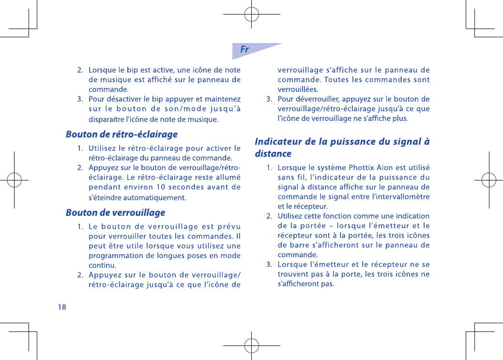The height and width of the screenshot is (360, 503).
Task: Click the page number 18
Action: click(61, 307)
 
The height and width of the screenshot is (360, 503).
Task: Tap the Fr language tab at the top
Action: click(245, 49)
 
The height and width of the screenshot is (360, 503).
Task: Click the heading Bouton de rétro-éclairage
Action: click(122, 135)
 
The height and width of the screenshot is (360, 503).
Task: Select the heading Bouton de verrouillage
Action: click(115, 213)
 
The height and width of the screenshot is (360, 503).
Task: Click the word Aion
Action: click(385, 168)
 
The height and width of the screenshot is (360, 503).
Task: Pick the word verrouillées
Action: click(298, 90)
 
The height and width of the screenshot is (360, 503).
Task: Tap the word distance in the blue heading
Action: click(273, 154)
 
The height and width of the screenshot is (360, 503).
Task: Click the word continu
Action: click(102, 266)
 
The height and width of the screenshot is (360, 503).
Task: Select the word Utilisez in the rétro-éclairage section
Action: click(105, 148)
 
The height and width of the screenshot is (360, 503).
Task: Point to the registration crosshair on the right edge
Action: click(489, 180)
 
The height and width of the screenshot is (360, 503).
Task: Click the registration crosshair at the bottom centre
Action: click(251, 346)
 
